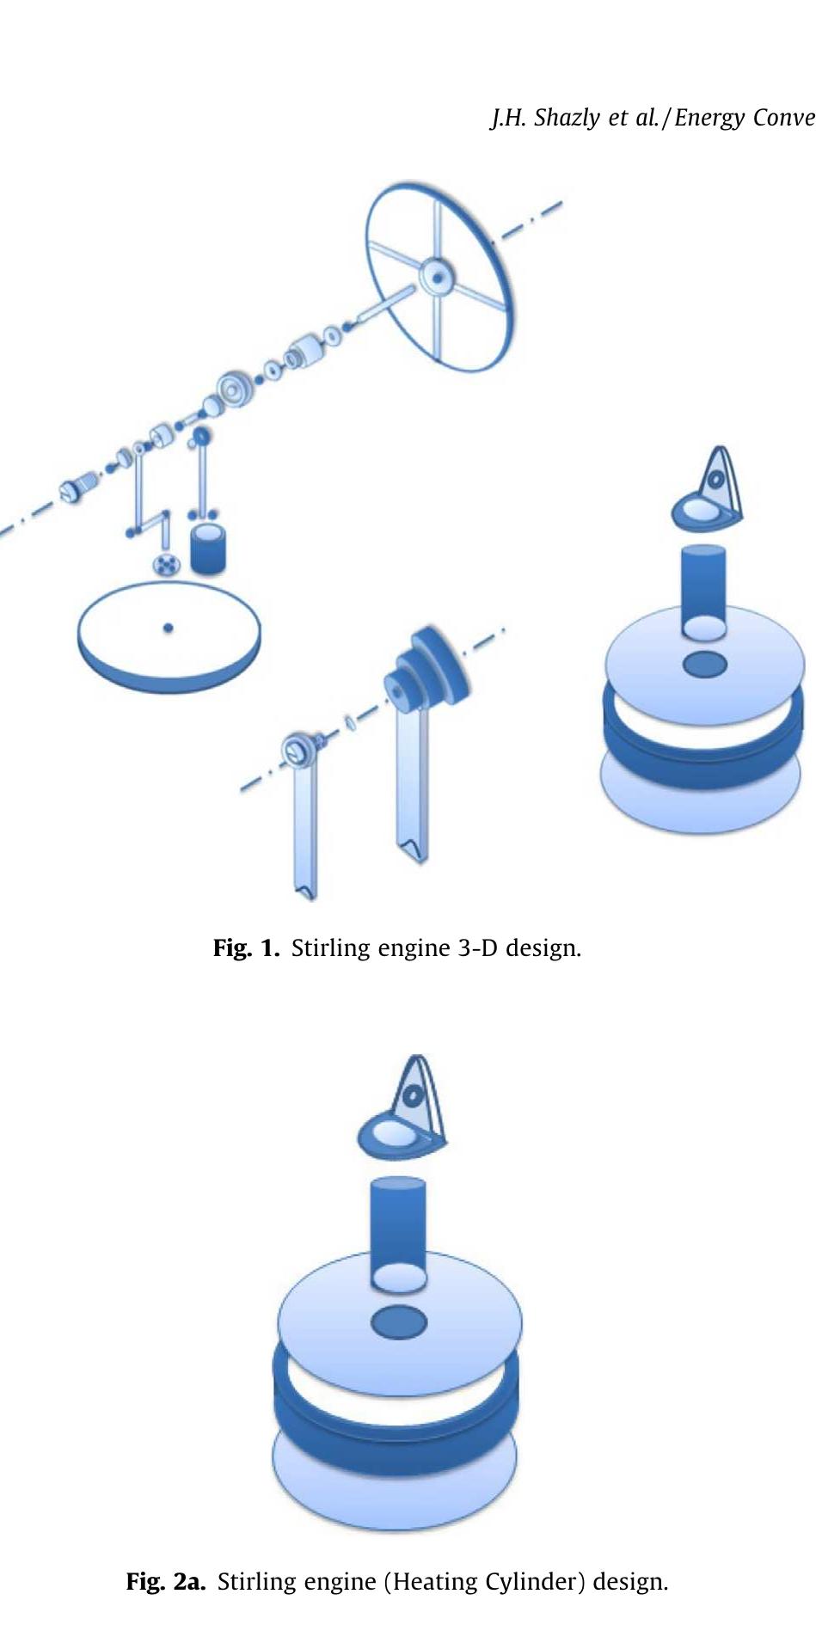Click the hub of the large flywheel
click(437, 277)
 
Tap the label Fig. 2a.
click(165, 1581)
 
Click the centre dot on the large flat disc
click(169, 628)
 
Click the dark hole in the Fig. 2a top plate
click(398, 1321)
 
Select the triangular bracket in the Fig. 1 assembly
click(711, 490)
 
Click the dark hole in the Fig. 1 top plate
click(704, 664)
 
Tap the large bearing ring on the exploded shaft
click(234, 389)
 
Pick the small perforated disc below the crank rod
click(164, 564)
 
